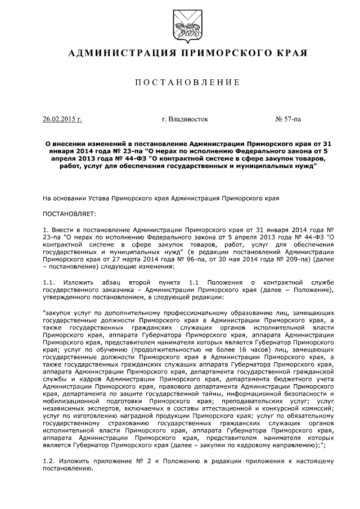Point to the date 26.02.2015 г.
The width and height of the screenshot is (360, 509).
pos(62,119)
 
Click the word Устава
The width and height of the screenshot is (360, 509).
pos(98,198)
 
